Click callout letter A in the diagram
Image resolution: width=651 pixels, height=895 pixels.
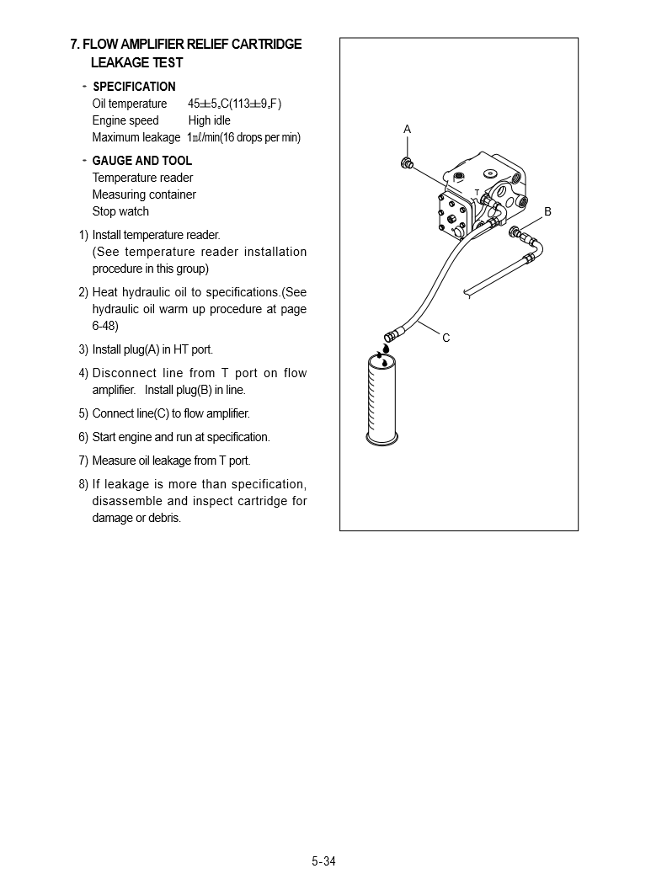point(407,130)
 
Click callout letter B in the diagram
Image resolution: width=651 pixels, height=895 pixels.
point(547,212)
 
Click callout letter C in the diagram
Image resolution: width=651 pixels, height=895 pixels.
point(446,338)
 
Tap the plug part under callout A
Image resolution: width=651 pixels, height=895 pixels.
point(407,162)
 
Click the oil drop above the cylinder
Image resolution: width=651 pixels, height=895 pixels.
point(385,348)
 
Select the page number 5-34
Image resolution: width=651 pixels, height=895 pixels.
point(323,860)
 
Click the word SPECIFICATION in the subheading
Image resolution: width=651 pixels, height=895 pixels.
point(134,87)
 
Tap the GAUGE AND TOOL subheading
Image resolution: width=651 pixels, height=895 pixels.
point(141,161)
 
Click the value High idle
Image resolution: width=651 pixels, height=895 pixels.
point(209,120)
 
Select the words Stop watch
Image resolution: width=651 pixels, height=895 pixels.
point(120,211)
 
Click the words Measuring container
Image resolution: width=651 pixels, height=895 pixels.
point(144,194)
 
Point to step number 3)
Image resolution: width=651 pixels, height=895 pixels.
point(83,349)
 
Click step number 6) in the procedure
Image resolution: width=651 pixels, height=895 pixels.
point(83,437)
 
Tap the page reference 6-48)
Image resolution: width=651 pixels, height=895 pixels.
point(105,326)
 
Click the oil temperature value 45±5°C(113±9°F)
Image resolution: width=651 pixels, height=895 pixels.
point(234,104)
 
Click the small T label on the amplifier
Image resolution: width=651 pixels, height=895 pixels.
point(477,193)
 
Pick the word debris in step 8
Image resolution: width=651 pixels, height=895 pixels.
point(165,518)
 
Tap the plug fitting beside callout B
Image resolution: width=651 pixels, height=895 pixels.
point(515,232)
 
